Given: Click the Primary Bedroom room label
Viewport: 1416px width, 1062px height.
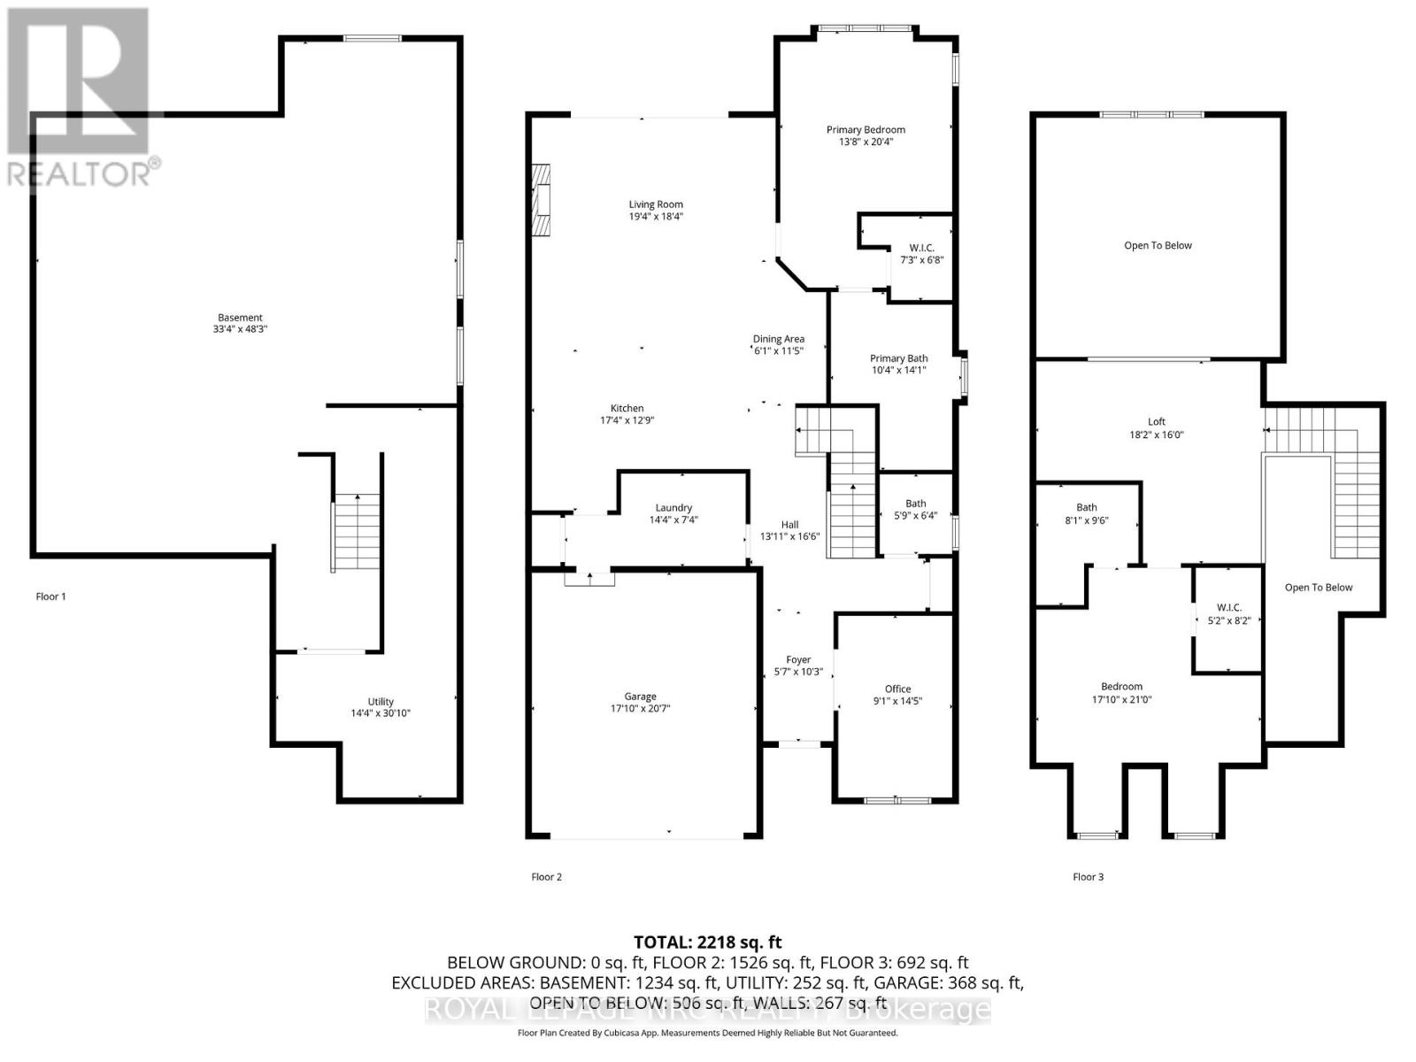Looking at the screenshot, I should click(866, 129).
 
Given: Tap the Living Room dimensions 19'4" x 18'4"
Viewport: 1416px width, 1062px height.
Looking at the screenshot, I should click(656, 217).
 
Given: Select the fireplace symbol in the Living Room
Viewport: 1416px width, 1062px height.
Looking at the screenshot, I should click(540, 200).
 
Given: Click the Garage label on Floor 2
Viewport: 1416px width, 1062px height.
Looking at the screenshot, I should click(640, 696).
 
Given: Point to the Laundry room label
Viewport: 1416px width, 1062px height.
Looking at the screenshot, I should click(673, 508).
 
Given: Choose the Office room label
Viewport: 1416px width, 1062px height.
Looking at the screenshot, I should click(897, 689).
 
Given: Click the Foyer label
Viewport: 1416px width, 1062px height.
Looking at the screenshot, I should click(798, 659).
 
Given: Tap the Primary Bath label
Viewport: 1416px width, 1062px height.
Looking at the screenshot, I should click(898, 358).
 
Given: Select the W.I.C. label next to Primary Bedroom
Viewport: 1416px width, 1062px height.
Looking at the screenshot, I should click(921, 248).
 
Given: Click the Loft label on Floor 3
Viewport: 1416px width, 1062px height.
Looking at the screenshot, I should click(1157, 421).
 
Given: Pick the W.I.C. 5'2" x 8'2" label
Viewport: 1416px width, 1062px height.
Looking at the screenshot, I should click(1228, 614).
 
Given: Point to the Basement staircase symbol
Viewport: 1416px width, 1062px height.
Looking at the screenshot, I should click(358, 532).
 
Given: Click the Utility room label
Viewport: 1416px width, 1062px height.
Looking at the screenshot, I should click(381, 702).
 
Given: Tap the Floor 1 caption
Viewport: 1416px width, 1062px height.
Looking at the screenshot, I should click(50, 596).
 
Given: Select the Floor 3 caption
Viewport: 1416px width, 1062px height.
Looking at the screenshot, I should click(1088, 877).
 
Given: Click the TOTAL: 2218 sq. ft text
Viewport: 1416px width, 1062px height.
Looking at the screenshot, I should click(707, 943).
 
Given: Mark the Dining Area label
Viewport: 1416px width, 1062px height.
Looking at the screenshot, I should click(779, 339).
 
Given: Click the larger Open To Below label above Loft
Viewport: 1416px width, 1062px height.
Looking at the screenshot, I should click(1158, 245).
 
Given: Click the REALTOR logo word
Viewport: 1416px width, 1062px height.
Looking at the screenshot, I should click(80, 174).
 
